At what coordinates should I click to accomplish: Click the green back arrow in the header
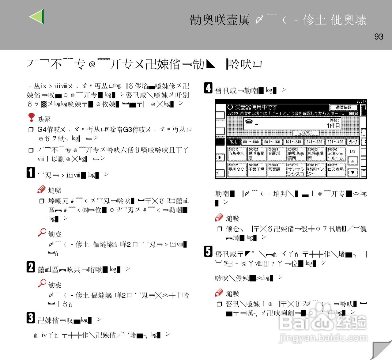(37, 17)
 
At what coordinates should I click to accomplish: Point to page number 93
(379, 37)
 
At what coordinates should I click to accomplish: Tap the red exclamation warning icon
(31, 117)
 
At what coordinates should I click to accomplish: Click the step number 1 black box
(31, 172)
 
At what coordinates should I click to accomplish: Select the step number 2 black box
(31, 267)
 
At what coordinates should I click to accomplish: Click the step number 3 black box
(31, 318)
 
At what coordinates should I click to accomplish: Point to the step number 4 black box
(208, 88)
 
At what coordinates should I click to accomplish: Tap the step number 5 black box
(208, 252)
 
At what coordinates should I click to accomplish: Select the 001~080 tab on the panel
(251, 142)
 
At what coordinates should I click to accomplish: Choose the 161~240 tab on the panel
(293, 142)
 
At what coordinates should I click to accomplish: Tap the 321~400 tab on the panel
(335, 142)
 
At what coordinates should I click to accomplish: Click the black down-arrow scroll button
(353, 172)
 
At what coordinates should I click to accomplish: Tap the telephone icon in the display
(249, 122)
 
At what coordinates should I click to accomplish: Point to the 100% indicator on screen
(353, 114)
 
